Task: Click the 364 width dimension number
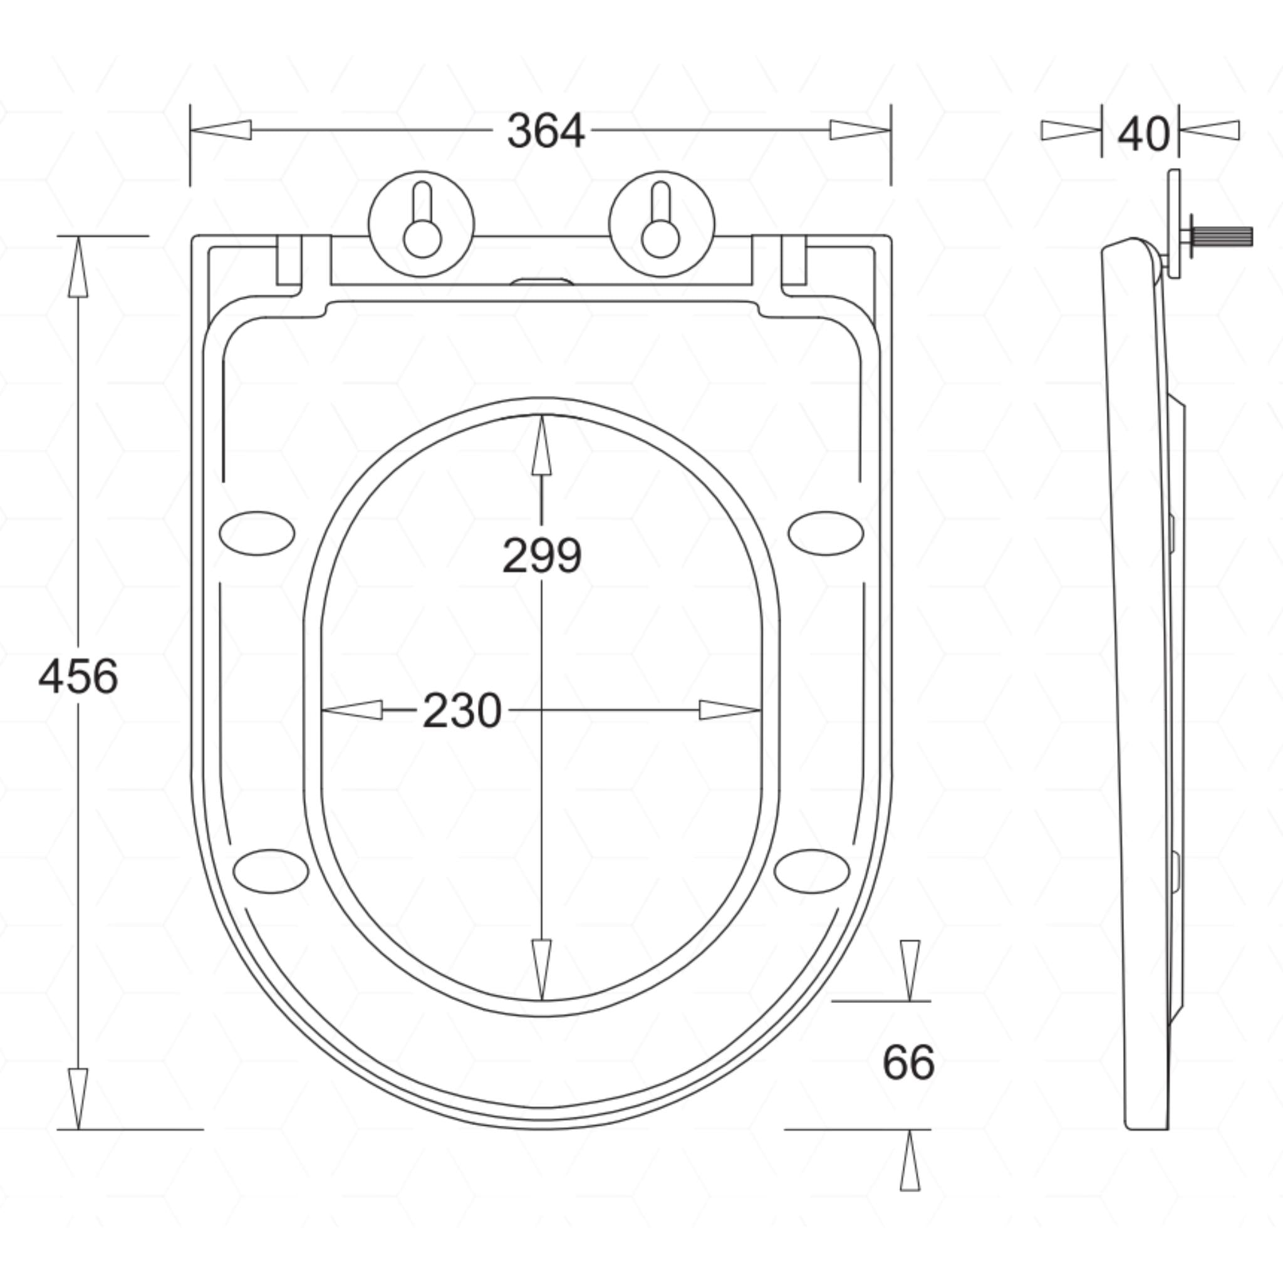[546, 131]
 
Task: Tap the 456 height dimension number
[78, 677]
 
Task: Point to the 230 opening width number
[462, 710]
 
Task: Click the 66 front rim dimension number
[908, 1062]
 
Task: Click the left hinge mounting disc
[422, 224]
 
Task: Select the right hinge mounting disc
[662, 224]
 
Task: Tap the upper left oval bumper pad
[257, 533]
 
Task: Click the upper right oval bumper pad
[826, 533]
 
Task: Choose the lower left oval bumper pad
[271, 871]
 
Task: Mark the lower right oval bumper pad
[812, 871]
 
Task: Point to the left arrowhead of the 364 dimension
[221, 130]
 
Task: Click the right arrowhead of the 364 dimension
[860, 130]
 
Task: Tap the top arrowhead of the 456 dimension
[78, 266]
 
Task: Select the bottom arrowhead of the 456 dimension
[78, 1098]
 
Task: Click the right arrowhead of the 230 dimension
[730, 710]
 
